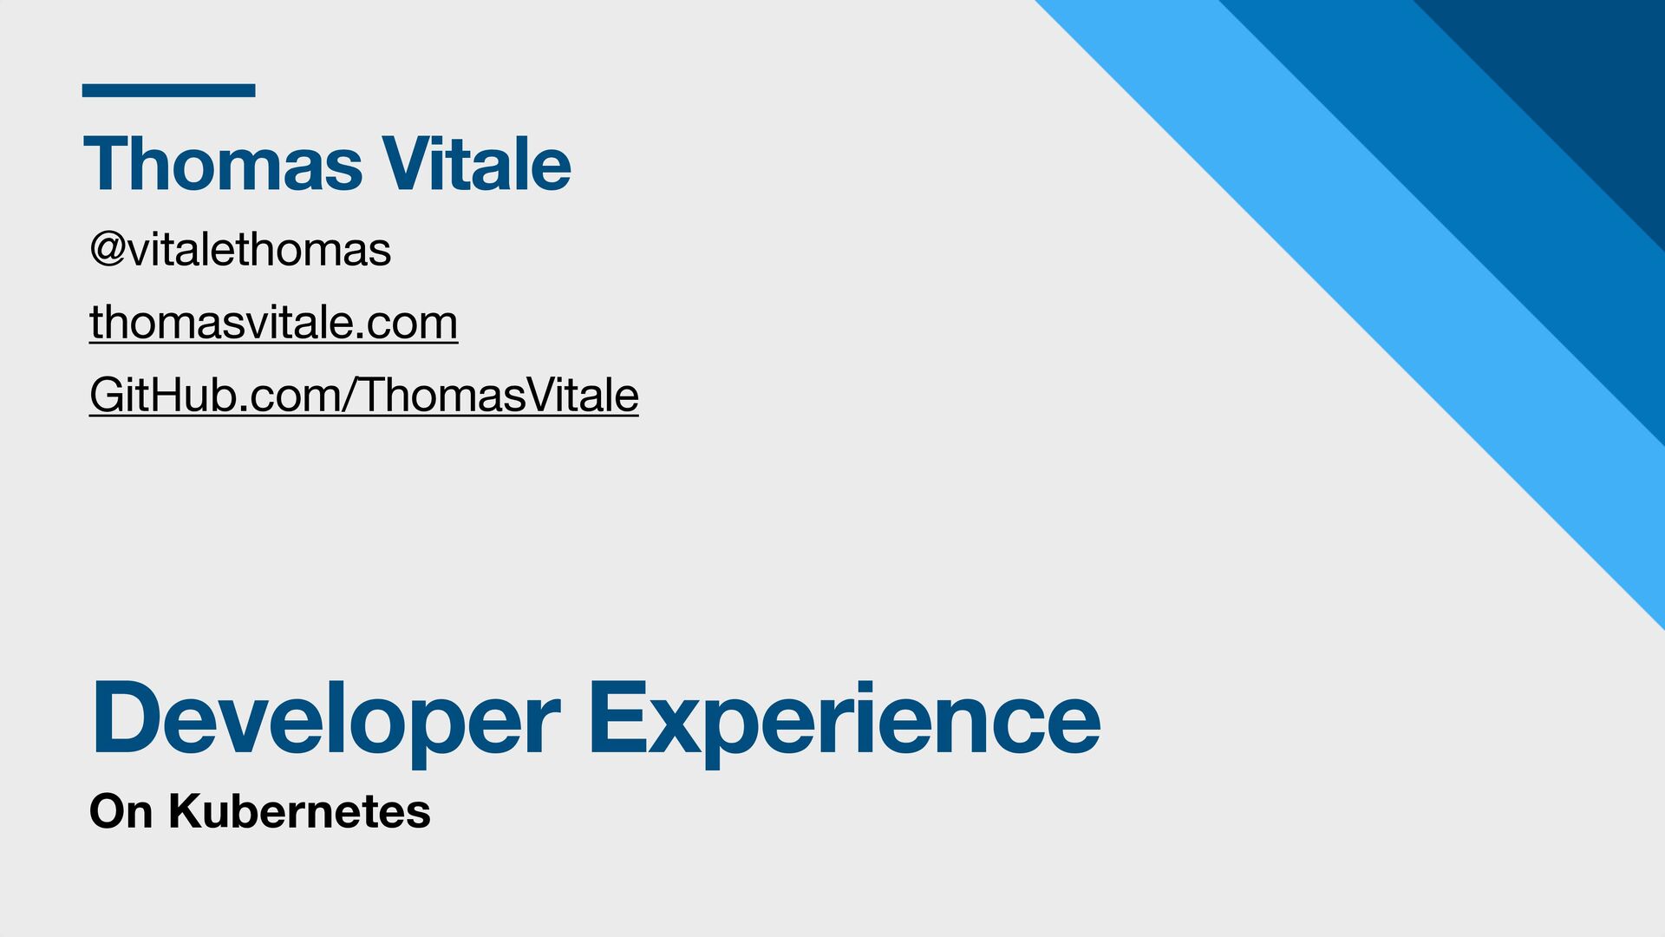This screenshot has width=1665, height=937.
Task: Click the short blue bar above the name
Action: pos(168,90)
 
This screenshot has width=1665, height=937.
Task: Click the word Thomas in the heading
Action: pos(223,164)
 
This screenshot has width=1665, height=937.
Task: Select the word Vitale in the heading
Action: pos(477,164)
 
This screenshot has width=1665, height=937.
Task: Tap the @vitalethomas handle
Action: pos(240,250)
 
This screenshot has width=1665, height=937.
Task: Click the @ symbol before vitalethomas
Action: pos(108,251)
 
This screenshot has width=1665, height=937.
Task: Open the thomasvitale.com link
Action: pos(273,323)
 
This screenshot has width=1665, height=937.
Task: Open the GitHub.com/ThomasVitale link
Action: pos(364,396)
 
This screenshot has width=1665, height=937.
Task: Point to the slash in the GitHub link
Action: pos(350,396)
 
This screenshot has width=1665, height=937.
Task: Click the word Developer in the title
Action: pos(326,719)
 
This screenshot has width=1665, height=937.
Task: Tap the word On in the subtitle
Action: pos(121,812)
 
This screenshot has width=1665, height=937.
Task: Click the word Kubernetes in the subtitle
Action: pos(299,812)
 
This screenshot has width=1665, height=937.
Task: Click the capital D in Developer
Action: pos(130,717)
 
